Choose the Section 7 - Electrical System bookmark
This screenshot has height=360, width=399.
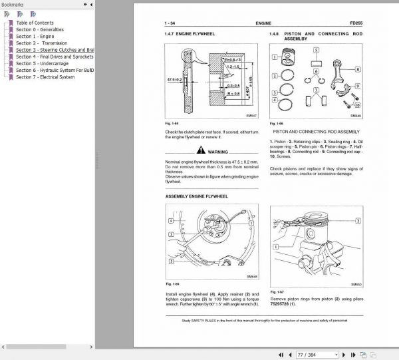tap(45, 77)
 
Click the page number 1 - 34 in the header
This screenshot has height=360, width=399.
tap(171, 22)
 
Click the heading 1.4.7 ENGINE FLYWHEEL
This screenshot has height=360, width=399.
tap(190, 34)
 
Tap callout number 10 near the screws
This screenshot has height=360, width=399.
tap(358, 104)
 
